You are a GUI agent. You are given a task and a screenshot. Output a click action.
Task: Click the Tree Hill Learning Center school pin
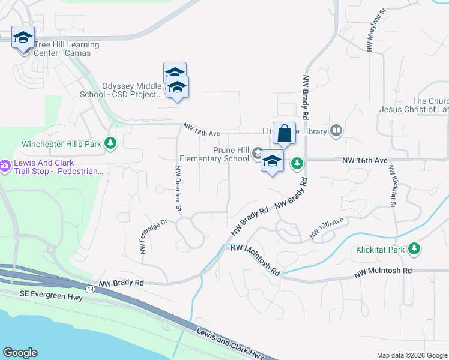pyautogui.click(x=23, y=37)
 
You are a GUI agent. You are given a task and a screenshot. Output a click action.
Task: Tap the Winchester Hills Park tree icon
pyautogui.click(x=110, y=143)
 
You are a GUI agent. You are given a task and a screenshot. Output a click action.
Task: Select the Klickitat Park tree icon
pyautogui.click(x=414, y=248)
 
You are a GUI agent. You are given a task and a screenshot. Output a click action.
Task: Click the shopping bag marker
pyautogui.click(x=284, y=133)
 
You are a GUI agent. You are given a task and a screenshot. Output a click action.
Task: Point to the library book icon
pyautogui.click(x=337, y=131)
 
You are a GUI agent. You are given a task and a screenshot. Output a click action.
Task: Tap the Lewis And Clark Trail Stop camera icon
pyautogui.click(x=5, y=165)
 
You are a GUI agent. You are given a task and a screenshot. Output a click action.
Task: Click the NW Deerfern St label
pyautogui.click(x=178, y=189)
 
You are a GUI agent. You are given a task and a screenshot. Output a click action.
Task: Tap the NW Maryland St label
pyautogui.click(x=376, y=30)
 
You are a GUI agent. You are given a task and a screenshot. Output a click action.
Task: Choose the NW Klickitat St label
pyautogui.click(x=392, y=187)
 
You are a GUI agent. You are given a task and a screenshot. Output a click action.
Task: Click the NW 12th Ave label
pyautogui.click(x=327, y=228)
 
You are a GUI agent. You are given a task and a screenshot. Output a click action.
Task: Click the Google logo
pyautogui.click(x=20, y=353)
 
